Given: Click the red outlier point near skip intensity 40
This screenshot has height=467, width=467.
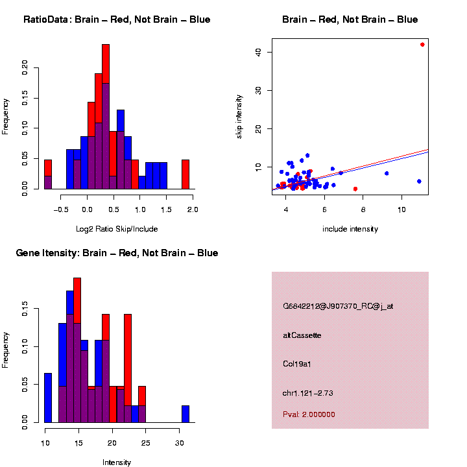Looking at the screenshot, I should (x=422, y=45).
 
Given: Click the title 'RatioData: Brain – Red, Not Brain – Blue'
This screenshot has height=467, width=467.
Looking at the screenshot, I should (x=117, y=20).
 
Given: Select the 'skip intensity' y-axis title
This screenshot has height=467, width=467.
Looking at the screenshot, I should (x=239, y=115).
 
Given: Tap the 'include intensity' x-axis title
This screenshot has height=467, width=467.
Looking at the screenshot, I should (x=350, y=229).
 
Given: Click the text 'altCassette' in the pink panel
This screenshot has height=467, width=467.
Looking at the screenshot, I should (x=302, y=335).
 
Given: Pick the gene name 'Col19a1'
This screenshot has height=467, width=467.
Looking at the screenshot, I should (x=297, y=364).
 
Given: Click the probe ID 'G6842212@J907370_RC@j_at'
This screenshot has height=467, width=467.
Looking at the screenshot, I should (x=338, y=306).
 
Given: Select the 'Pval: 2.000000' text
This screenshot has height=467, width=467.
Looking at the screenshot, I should (x=309, y=414).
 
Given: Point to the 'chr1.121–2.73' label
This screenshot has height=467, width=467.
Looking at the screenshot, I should (x=308, y=393).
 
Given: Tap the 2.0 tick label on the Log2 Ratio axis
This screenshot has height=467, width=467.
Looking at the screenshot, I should (x=192, y=210).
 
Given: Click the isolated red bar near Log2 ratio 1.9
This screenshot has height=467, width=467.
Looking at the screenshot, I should (x=186, y=174).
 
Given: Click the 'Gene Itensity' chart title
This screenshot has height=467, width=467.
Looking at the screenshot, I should (x=117, y=253).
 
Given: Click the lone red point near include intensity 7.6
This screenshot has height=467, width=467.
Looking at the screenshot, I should (x=355, y=189).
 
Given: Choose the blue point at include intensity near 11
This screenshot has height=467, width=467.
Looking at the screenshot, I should (x=419, y=181).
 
